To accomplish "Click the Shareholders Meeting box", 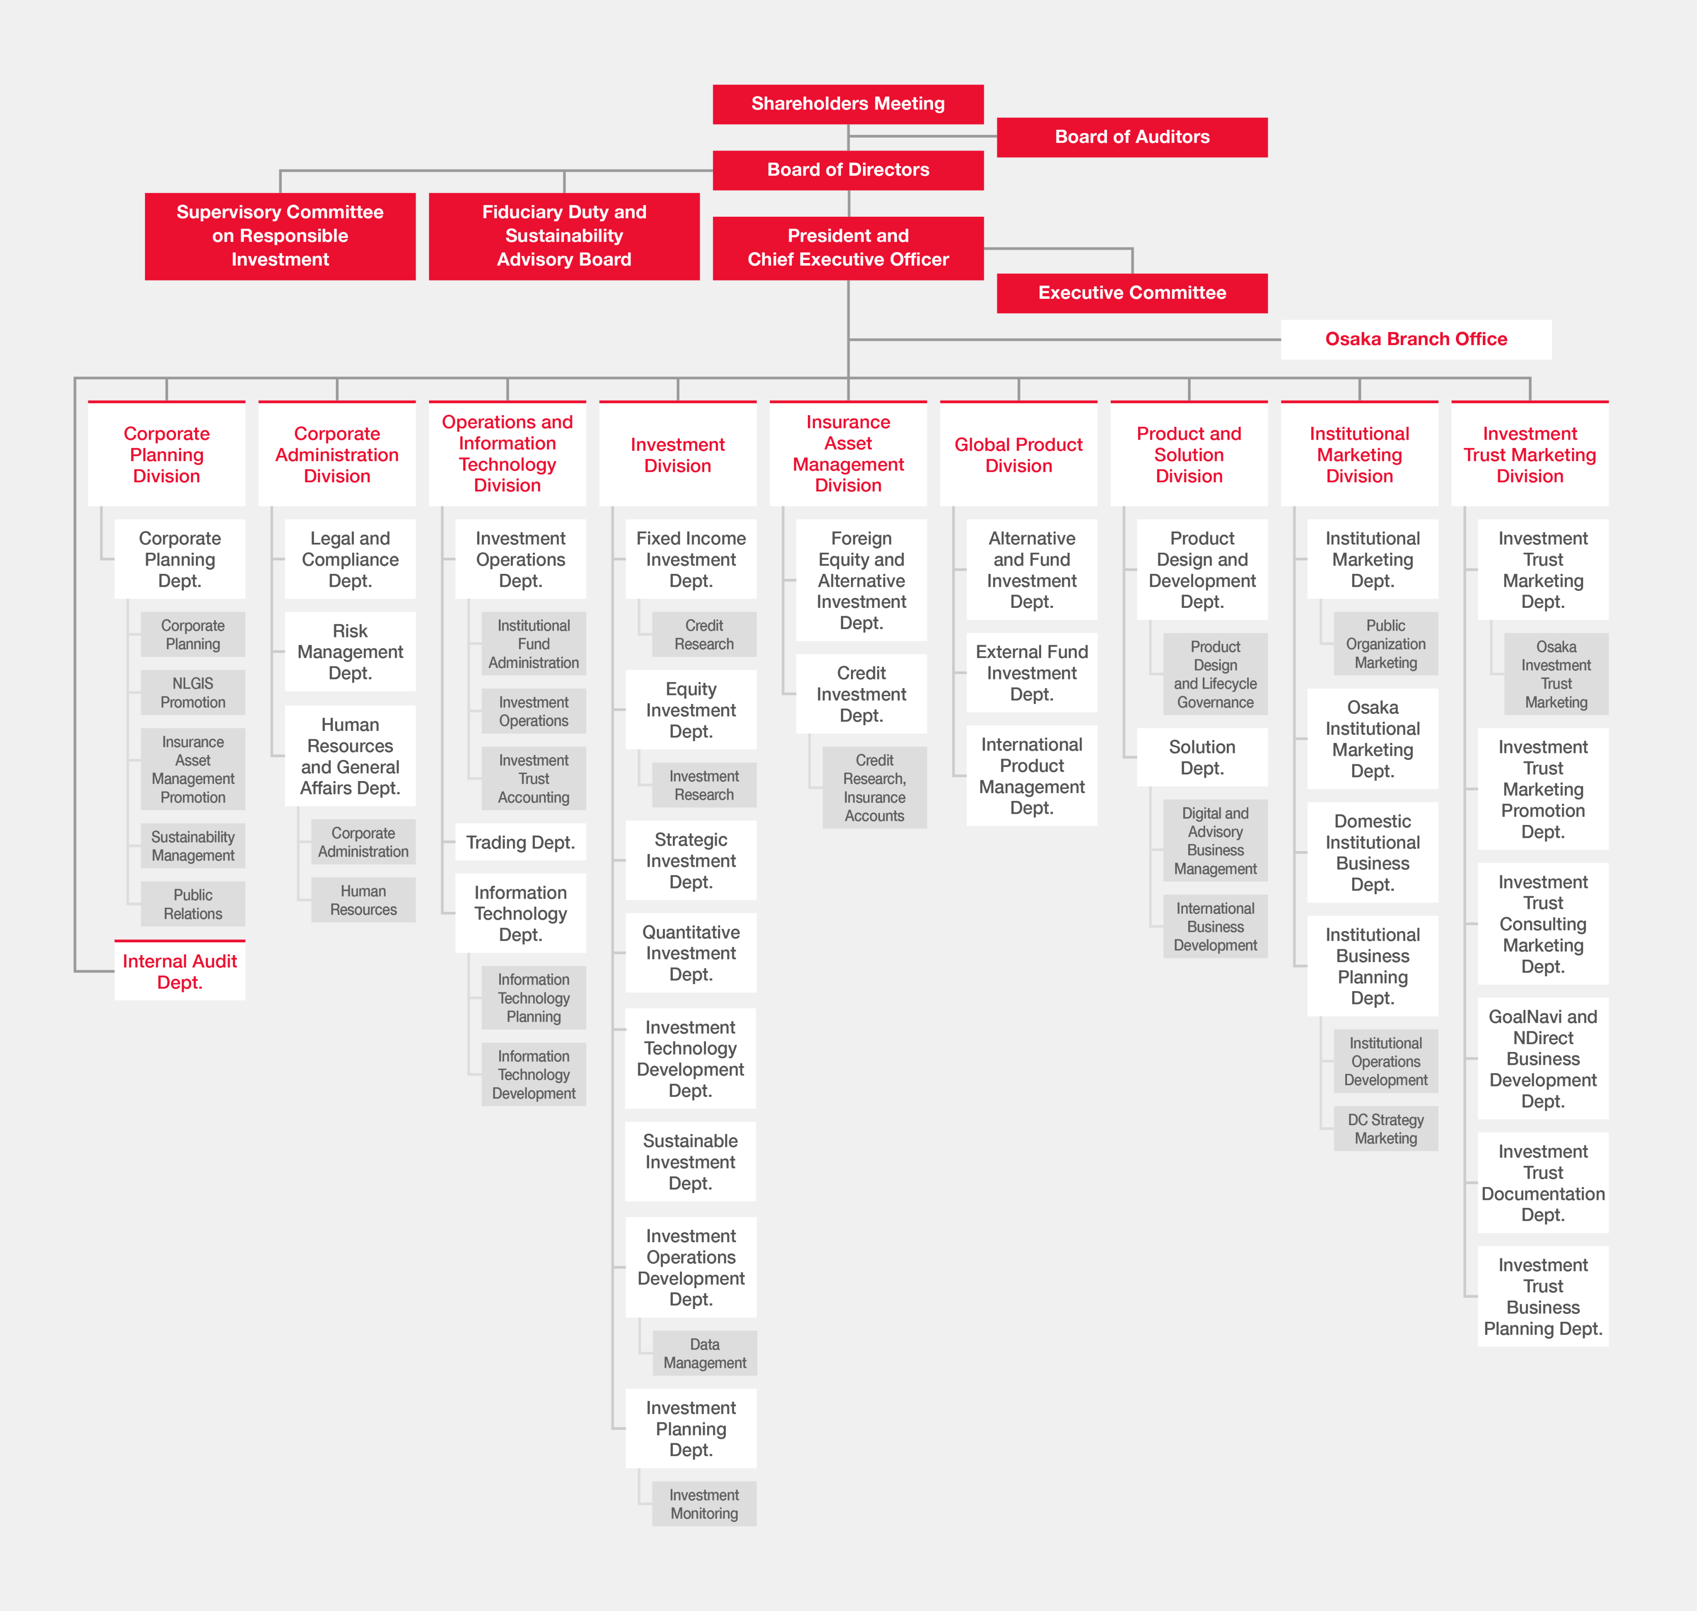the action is [x=848, y=104].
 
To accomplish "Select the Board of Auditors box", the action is [x=1132, y=137].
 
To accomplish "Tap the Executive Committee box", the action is [x=1132, y=293].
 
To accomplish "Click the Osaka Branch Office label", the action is [x=1416, y=339].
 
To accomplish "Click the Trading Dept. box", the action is [x=520, y=842].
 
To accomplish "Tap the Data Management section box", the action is [x=704, y=1353].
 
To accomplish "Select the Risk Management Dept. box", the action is [x=350, y=652].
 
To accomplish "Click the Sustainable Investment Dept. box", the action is [x=691, y=1162].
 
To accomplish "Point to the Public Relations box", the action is [x=193, y=904].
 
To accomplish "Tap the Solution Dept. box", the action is [x=1202, y=757].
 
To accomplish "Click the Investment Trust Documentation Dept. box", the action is [x=1543, y=1183].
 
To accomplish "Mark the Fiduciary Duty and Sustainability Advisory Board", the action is [x=564, y=236].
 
